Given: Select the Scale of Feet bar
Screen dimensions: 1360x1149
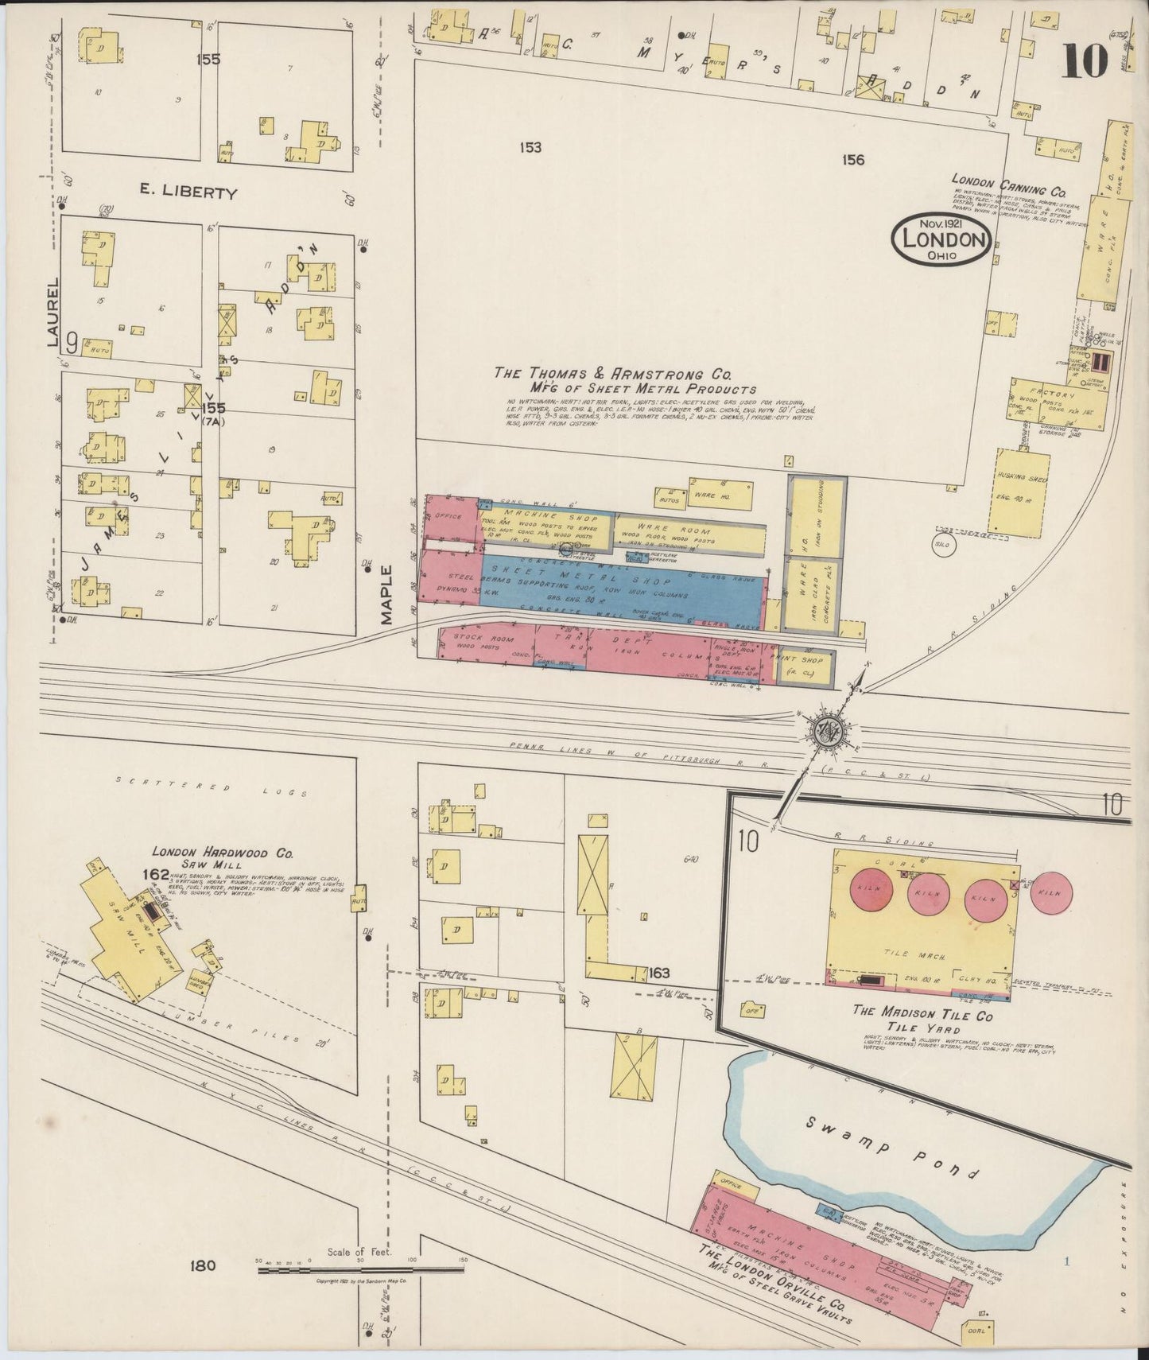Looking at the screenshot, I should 360,1270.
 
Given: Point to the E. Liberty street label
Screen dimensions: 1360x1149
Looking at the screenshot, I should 188,193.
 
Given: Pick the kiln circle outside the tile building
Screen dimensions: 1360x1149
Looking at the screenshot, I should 1051,893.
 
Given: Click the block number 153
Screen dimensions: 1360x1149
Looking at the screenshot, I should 530,147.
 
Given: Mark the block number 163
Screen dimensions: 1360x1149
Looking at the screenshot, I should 659,973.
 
